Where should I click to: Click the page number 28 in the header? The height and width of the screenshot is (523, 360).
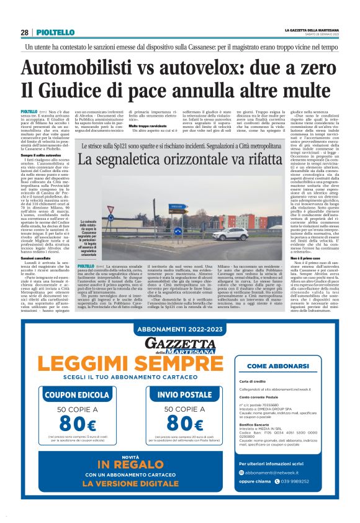pos(24,32)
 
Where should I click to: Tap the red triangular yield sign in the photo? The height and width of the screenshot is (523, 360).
pos(111,209)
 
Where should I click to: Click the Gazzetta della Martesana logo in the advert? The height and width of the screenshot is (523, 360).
pos(179,345)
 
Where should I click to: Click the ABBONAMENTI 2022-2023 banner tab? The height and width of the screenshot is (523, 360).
pos(179,331)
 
